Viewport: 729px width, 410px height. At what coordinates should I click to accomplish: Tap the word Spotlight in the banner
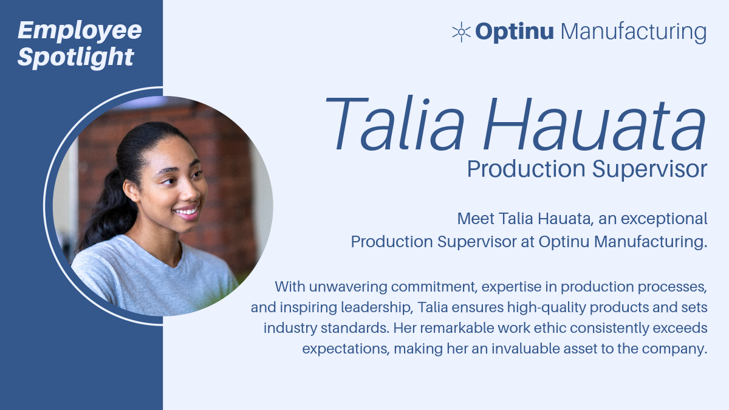click(x=76, y=58)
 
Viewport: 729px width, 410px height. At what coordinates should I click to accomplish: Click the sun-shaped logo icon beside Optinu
click(x=462, y=32)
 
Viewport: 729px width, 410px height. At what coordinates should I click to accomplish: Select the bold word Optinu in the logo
click(x=514, y=32)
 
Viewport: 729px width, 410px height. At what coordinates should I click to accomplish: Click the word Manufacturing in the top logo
click(x=634, y=32)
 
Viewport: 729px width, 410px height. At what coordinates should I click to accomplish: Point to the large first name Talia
click(x=394, y=124)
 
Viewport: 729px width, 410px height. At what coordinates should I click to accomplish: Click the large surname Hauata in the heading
click(x=595, y=124)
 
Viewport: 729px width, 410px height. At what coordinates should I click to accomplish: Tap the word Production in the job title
click(x=526, y=169)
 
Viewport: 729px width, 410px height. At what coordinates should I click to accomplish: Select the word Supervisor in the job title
click(x=649, y=169)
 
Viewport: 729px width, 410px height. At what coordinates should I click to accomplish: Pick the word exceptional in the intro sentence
click(x=664, y=219)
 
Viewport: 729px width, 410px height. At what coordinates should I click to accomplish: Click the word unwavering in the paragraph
click(x=348, y=287)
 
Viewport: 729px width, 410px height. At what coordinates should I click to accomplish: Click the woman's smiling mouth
click(x=187, y=212)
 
